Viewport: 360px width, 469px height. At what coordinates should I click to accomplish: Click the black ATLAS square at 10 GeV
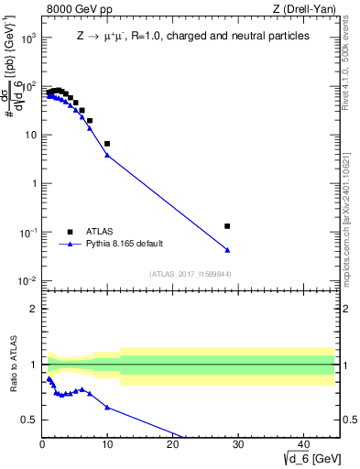coord(107,144)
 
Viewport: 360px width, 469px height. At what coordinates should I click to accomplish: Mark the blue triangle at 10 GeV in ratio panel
coord(107,407)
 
